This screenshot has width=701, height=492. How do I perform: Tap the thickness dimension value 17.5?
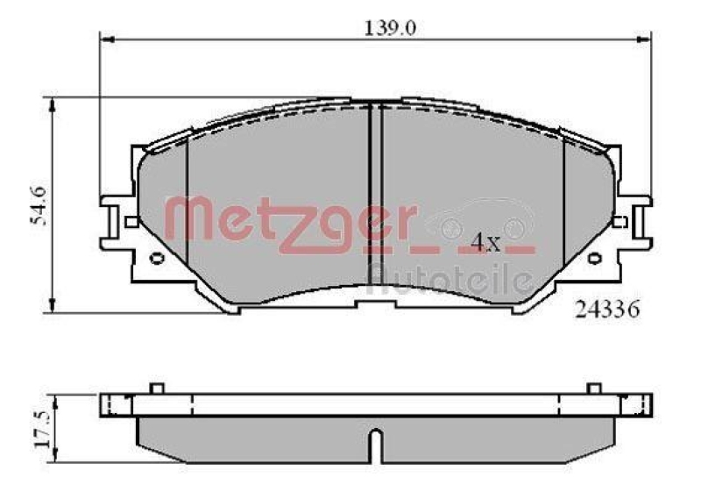(38, 426)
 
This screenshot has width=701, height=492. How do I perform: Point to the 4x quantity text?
(485, 243)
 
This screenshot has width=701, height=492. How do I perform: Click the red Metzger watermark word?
(289, 219)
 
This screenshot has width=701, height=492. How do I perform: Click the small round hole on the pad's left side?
(158, 258)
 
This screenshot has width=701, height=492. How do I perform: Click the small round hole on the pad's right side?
(593, 258)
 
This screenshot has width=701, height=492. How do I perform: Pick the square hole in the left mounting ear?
(131, 222)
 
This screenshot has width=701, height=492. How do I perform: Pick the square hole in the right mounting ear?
(620, 222)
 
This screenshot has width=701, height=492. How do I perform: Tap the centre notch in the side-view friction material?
(375, 443)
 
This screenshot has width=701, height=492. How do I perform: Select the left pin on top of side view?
(156, 388)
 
